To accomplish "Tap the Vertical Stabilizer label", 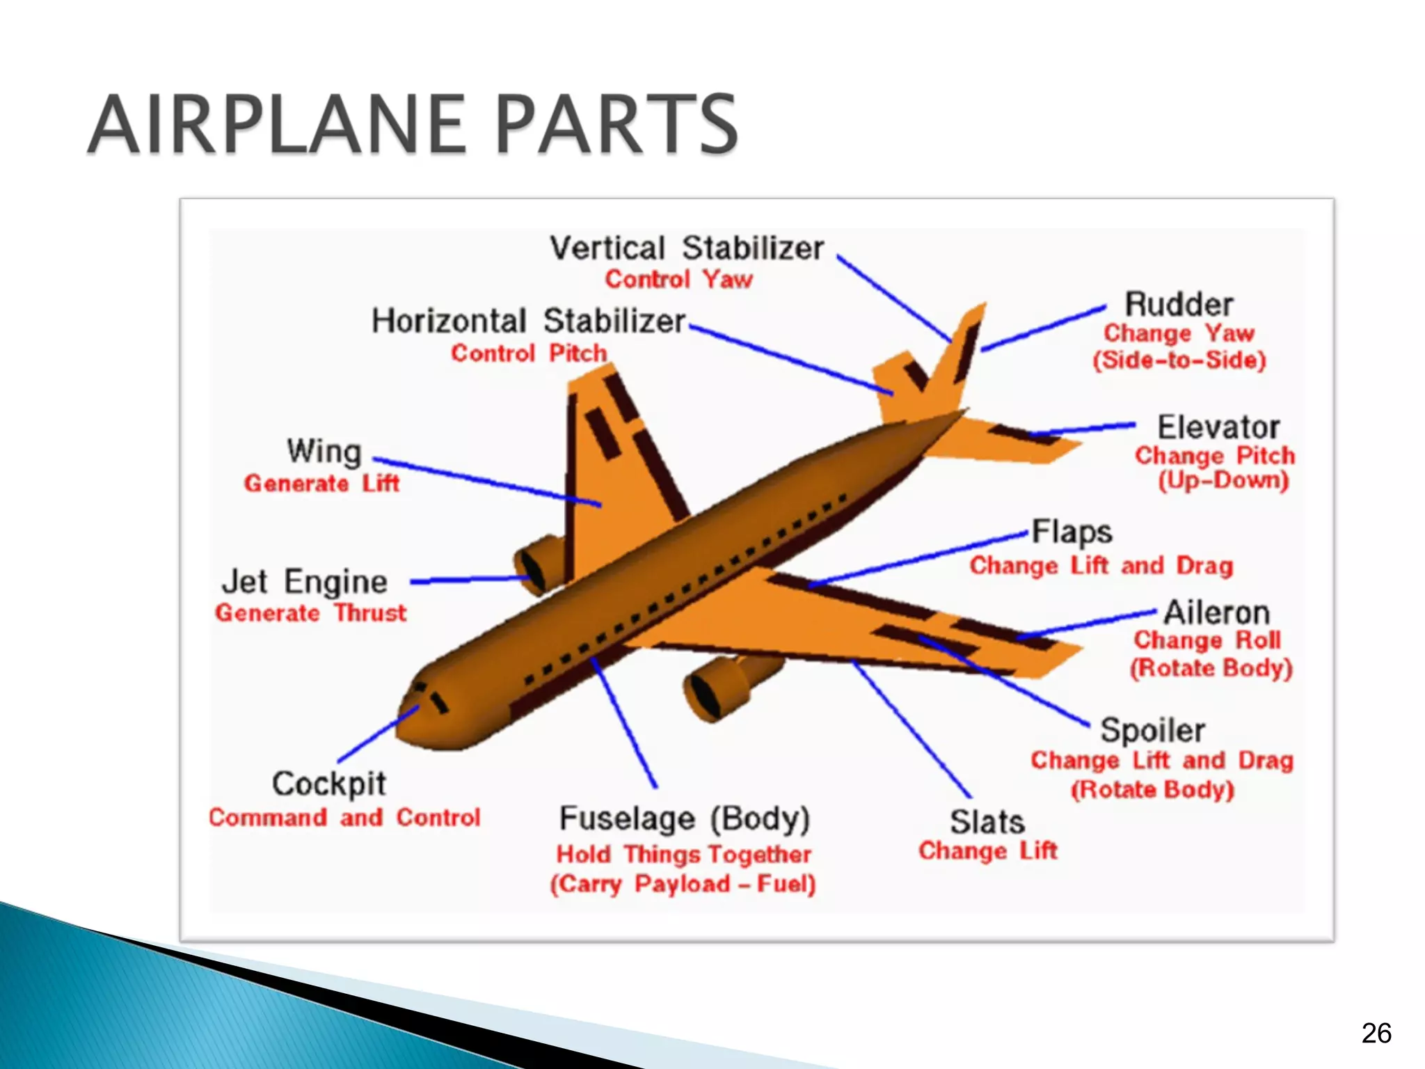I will click(x=686, y=248).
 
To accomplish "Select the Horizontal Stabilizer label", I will click(x=528, y=322).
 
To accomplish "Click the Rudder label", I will click(x=1179, y=305).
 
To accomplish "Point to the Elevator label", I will click(x=1218, y=427).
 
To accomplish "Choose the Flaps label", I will click(x=1072, y=532).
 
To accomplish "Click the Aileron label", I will click(x=1216, y=613).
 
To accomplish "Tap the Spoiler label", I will click(x=1152, y=731).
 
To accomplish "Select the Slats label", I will click(x=987, y=822).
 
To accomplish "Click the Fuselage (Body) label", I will click(x=685, y=819).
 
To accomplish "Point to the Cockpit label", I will click(x=328, y=784).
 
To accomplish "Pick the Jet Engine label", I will click(x=305, y=582).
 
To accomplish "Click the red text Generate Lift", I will click(x=321, y=483).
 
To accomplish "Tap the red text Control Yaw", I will click(x=678, y=280).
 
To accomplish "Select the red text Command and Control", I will click(x=344, y=817).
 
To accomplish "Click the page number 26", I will click(x=1376, y=1034).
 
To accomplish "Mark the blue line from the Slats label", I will click(x=911, y=731).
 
